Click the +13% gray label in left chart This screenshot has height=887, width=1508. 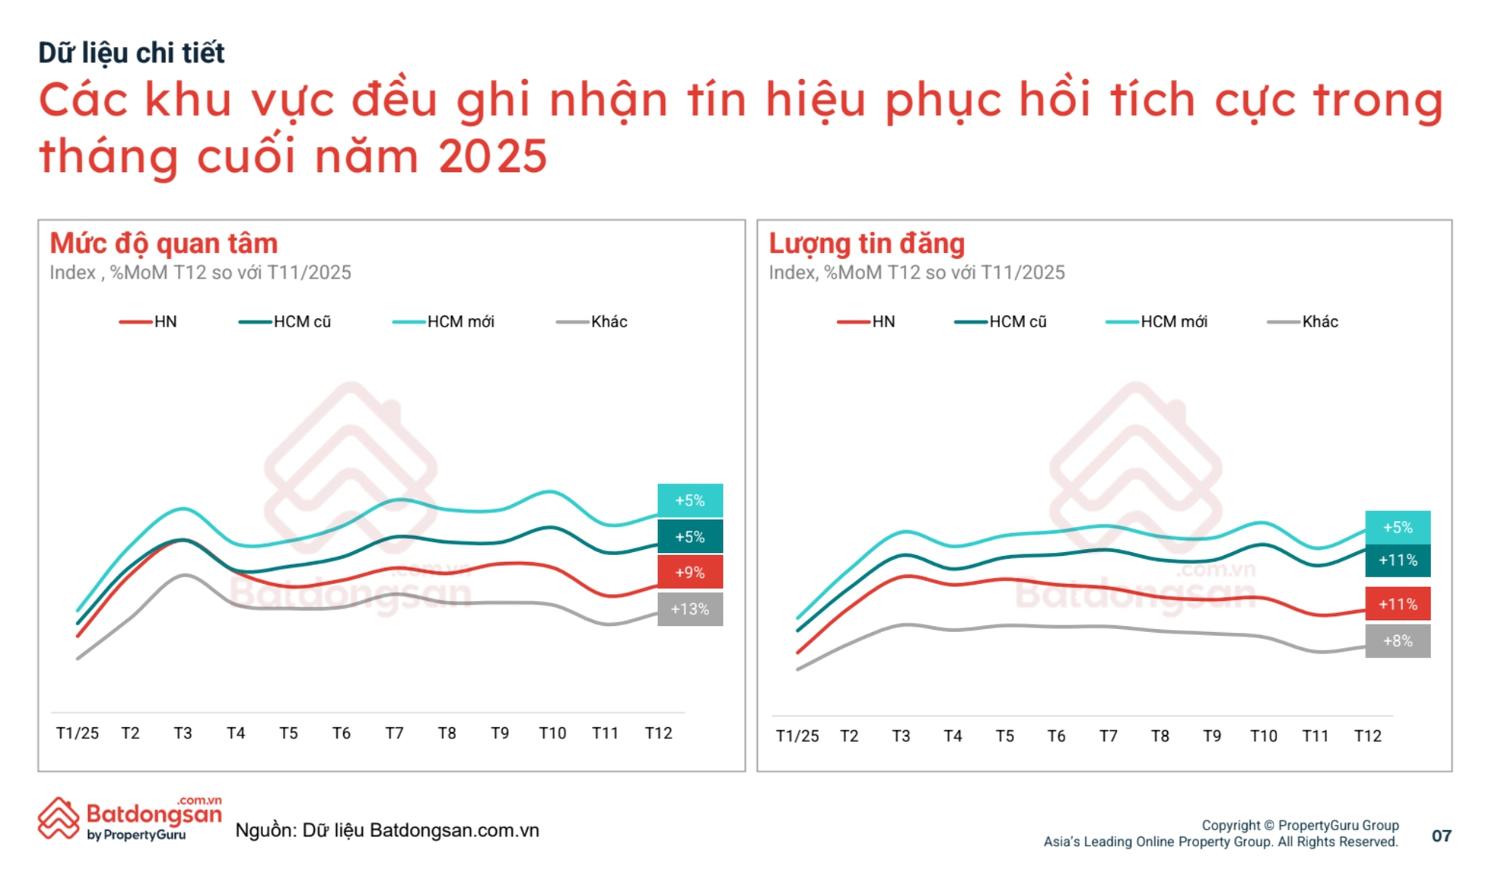click(x=690, y=609)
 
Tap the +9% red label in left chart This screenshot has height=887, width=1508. click(x=690, y=572)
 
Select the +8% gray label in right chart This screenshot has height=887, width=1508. click(x=1397, y=641)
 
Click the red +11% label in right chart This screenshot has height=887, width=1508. click(x=1397, y=604)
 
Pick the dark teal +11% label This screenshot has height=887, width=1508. click(x=1397, y=560)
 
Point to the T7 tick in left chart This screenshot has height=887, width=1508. click(x=394, y=733)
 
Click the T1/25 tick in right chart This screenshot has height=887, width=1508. click(x=797, y=736)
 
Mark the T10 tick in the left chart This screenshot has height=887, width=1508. click(x=552, y=733)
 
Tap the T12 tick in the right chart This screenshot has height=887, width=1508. click(x=1368, y=736)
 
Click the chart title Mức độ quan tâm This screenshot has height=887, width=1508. click(x=164, y=244)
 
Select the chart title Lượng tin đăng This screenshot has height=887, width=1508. click(x=866, y=244)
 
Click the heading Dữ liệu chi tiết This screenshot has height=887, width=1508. click(x=131, y=53)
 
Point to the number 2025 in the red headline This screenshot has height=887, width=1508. click(x=492, y=157)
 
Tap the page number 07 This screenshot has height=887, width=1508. click(x=1441, y=836)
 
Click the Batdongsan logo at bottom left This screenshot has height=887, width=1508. click(x=130, y=819)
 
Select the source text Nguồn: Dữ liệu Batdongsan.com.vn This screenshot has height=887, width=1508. click(x=387, y=830)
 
